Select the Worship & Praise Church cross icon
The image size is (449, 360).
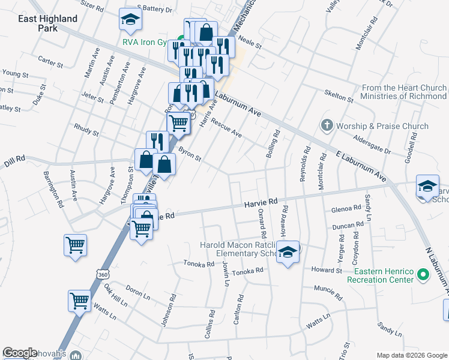click(x=327, y=126)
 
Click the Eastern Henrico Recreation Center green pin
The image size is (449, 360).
click(x=423, y=275)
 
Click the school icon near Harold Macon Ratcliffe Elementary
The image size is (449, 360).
click(x=289, y=253)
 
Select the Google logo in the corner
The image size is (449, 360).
click(x=20, y=353)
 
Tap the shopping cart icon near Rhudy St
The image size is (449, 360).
click(x=178, y=123)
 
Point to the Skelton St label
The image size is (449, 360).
click(x=339, y=95)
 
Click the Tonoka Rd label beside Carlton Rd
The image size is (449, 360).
click(x=248, y=271)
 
